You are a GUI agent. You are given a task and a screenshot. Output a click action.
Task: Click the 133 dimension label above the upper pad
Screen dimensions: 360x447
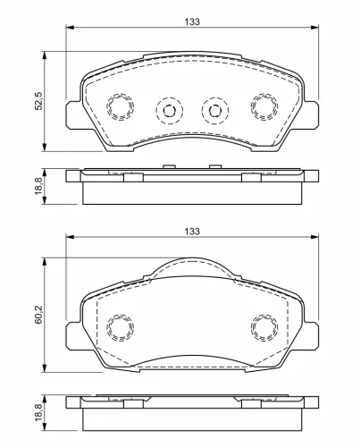(x=192, y=21)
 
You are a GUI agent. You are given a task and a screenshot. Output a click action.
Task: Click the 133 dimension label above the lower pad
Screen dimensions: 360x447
(x=192, y=232)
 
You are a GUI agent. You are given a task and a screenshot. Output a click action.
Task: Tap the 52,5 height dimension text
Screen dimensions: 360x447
(x=39, y=101)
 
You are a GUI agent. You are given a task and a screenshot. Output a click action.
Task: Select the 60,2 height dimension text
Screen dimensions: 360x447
(x=39, y=315)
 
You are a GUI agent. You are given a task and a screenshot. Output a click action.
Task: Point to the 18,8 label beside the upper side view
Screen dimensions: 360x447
(x=39, y=185)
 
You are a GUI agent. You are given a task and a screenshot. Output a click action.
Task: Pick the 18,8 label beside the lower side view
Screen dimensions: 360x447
(x=39, y=411)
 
